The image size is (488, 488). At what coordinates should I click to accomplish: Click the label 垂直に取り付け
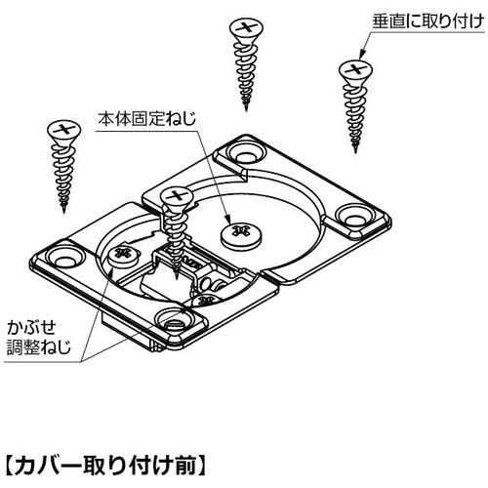428,22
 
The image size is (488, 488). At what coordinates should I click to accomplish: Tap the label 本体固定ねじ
147,118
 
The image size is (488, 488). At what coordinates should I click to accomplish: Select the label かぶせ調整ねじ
38,337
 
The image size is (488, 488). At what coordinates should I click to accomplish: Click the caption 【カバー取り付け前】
105,466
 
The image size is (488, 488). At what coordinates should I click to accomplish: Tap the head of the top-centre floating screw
246,29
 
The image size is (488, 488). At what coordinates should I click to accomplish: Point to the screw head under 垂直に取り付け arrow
355,71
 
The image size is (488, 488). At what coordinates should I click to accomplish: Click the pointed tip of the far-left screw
64,213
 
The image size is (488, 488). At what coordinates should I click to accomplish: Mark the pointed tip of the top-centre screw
246,110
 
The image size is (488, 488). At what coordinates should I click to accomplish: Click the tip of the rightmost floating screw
355,152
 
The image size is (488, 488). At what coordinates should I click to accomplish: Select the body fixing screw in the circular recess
240,235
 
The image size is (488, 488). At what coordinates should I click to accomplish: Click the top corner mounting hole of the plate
246,153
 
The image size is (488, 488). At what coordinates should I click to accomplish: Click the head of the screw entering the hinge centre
177,197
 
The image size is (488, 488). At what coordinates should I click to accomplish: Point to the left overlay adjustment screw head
124,256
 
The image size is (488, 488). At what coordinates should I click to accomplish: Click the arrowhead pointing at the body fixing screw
228,219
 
